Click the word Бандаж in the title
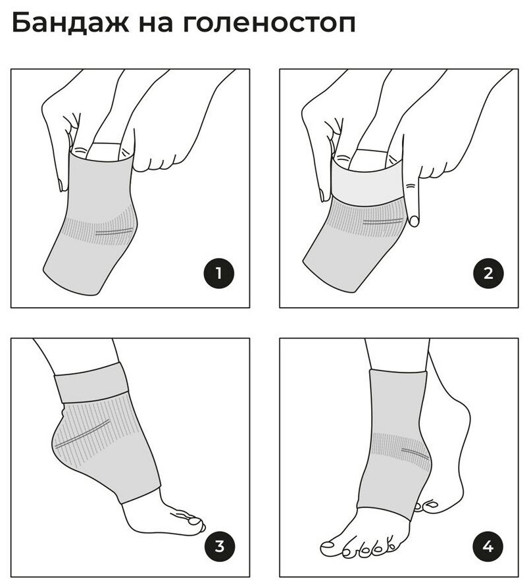[x=70, y=23]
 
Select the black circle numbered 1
[x=219, y=273]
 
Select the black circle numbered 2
[x=488, y=273]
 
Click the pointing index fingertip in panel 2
[x=414, y=221]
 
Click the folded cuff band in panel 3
[x=91, y=382]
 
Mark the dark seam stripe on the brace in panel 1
[x=114, y=231]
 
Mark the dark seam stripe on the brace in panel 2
[x=383, y=222]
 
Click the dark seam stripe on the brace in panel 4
[x=415, y=453]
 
